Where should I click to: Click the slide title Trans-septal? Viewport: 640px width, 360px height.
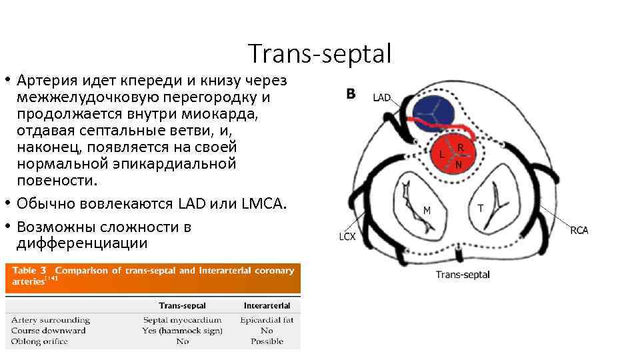click(319, 54)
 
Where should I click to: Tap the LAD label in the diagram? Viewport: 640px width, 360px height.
click(382, 97)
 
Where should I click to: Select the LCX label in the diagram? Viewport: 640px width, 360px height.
click(347, 236)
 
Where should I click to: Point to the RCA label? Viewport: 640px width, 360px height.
click(579, 231)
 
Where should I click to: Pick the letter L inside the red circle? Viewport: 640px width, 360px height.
click(441, 154)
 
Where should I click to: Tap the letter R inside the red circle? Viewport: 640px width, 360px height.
click(461, 147)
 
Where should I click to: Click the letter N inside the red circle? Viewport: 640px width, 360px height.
click(459, 163)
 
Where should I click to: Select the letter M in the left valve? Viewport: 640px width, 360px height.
click(427, 210)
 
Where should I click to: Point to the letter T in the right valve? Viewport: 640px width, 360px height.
click(480, 209)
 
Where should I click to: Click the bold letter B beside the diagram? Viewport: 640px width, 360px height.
click(351, 95)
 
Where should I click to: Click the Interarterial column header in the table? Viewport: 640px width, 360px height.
click(266, 305)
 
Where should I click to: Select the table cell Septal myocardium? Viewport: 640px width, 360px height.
click(182, 320)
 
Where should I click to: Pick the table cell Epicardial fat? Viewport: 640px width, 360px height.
click(267, 320)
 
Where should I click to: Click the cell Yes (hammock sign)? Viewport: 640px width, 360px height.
click(182, 331)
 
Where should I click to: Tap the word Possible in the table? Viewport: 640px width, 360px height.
click(267, 341)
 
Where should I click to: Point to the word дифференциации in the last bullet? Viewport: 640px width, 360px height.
click(83, 243)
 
